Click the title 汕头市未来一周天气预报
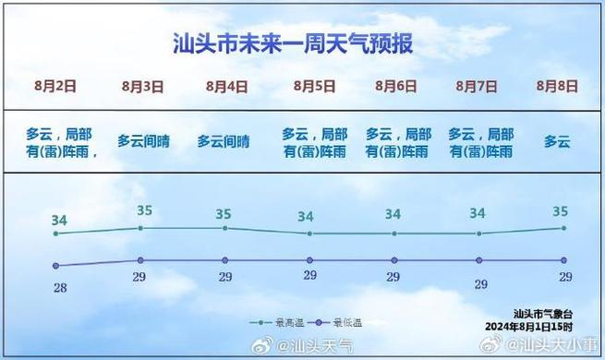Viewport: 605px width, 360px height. [x=293, y=43]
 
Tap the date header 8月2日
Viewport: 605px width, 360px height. [x=55, y=86]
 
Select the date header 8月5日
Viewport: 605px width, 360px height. [x=315, y=86]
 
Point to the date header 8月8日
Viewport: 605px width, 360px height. [x=557, y=86]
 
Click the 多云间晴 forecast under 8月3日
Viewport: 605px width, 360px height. [x=143, y=141]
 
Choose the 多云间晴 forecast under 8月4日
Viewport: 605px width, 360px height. [x=224, y=141]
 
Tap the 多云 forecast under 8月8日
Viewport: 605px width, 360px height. [x=557, y=141]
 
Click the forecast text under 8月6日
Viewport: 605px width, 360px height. [x=398, y=141]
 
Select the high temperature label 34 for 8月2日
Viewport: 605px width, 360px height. [x=59, y=220]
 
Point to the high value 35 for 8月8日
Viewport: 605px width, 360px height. [x=560, y=211]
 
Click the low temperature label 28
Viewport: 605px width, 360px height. [x=60, y=288]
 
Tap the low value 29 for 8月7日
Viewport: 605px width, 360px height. [x=480, y=284]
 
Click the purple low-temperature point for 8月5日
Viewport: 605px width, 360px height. [x=309, y=260]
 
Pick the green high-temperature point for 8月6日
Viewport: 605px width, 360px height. [x=394, y=234]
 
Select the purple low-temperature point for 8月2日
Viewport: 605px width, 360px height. [x=57, y=268]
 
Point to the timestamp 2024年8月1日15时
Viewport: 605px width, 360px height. [x=529, y=327]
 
